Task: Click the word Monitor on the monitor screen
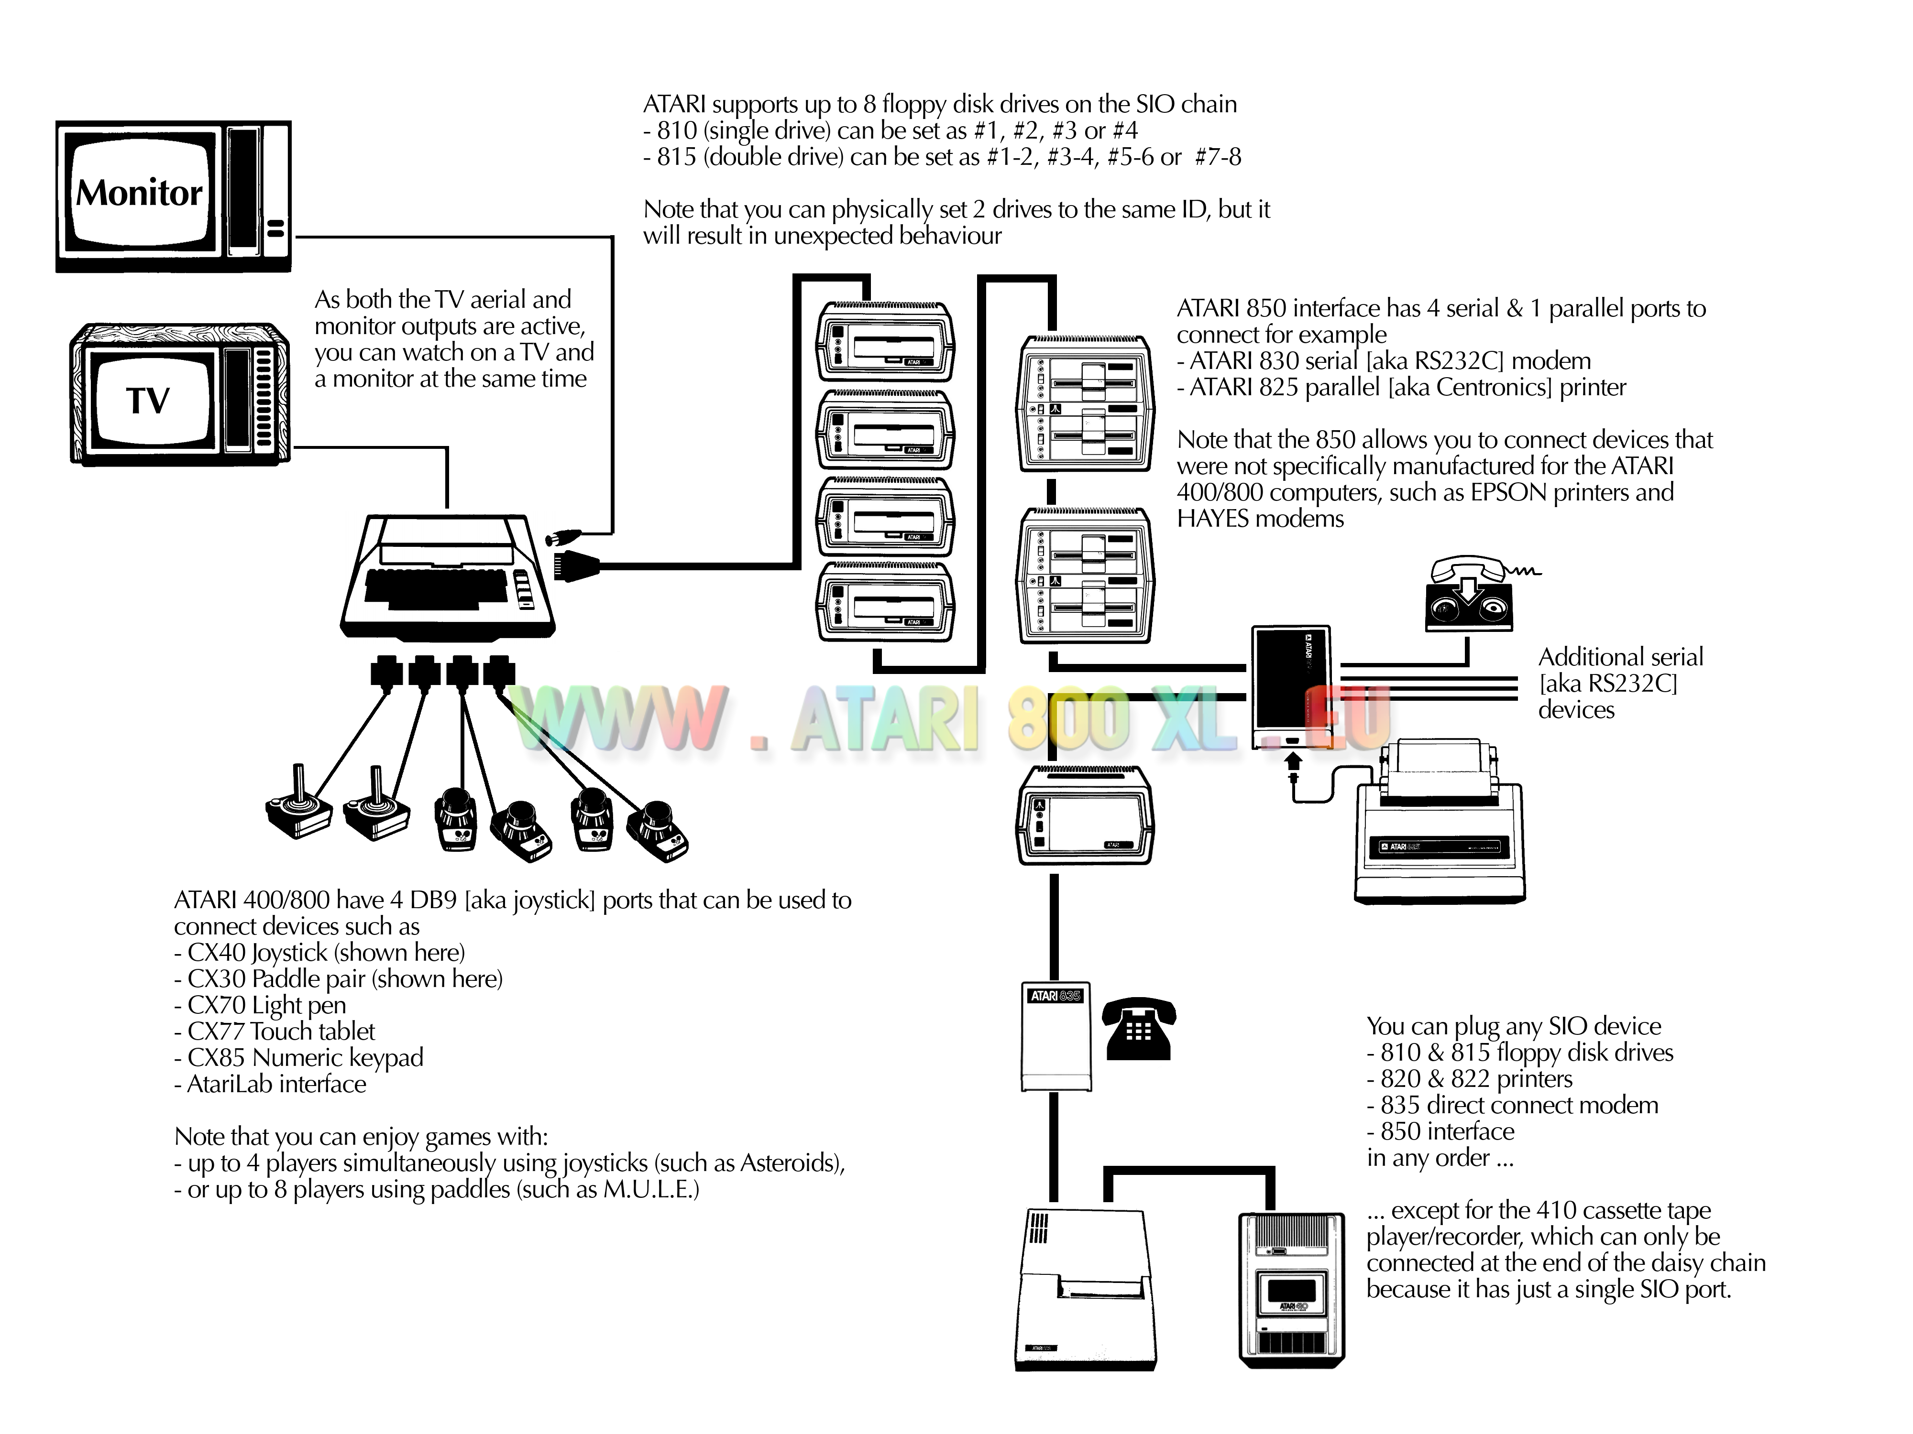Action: click(139, 193)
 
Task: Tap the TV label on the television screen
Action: click(148, 400)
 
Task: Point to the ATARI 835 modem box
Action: click(1055, 1037)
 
